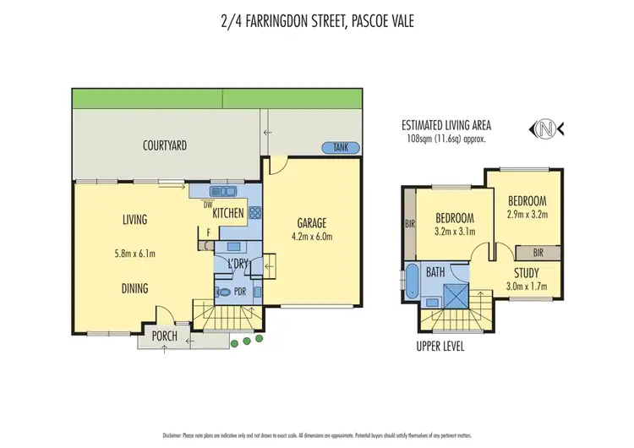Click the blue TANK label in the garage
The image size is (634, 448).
(342, 148)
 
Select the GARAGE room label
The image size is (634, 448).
(313, 223)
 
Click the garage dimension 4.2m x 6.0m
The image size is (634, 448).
(313, 238)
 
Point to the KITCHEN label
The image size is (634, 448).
(228, 214)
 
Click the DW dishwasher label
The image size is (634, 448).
(207, 204)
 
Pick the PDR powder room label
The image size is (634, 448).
(240, 292)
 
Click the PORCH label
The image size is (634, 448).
(164, 336)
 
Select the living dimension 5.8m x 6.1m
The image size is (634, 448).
(134, 252)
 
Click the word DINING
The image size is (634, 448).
(134, 288)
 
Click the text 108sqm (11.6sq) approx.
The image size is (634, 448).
(447, 138)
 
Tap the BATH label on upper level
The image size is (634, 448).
(436, 272)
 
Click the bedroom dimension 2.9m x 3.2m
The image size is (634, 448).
(527, 215)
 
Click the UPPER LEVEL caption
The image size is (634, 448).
(440, 347)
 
